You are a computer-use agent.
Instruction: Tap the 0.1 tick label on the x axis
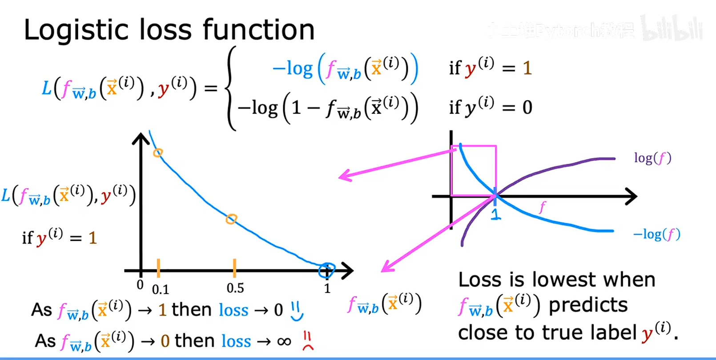161,290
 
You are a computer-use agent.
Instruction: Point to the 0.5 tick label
235,288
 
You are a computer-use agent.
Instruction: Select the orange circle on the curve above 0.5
231,219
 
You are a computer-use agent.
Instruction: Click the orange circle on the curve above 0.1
158,153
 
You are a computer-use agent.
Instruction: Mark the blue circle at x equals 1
327,270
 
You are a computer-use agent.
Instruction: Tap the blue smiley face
297,311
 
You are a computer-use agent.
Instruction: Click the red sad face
308,341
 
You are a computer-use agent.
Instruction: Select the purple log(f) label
652,158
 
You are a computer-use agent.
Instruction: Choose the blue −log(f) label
657,234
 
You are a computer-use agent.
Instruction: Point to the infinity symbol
284,342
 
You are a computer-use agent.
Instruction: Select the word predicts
588,306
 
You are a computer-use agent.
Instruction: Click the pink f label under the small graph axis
542,207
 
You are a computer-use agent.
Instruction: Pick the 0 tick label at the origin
140,285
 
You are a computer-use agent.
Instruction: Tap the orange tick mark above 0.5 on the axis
234,267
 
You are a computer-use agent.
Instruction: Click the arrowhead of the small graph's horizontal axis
632,196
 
